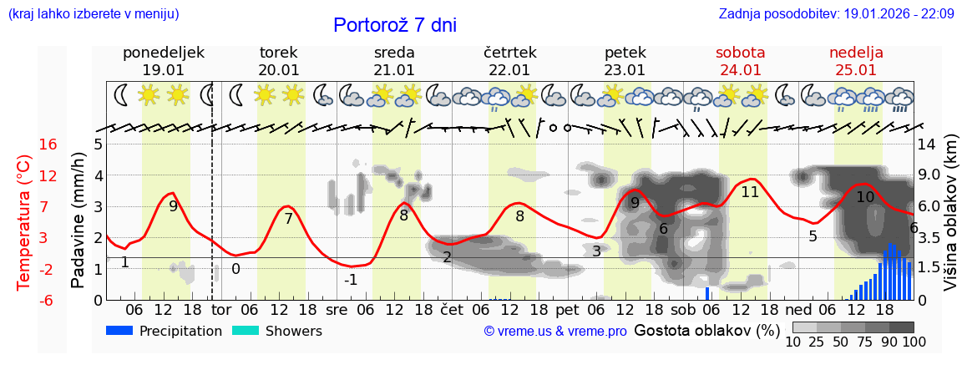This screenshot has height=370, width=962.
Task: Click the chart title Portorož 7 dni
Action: pos(394,25)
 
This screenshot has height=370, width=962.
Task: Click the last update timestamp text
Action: pos(836,14)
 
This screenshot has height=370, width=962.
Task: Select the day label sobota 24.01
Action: pos(740,61)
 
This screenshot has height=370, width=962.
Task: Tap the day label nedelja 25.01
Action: pos(856,61)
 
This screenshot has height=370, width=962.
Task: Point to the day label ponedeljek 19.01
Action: pos(163,61)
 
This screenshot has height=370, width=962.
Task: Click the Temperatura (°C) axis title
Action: pos(24,222)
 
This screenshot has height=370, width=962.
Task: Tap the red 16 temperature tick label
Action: pos(48,144)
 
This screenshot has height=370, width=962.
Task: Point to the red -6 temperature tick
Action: pos(48,300)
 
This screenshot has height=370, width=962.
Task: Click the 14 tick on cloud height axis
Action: pos(926,144)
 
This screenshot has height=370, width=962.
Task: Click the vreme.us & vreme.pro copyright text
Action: pos(555,332)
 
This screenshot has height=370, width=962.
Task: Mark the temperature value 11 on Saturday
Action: pos(749,191)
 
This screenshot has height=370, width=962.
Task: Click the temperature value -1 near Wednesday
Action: pos(351,280)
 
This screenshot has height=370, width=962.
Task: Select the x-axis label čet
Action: pos(451,309)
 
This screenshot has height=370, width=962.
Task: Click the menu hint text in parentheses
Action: pos(93,14)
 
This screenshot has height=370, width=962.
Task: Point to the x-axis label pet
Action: pos(567,309)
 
